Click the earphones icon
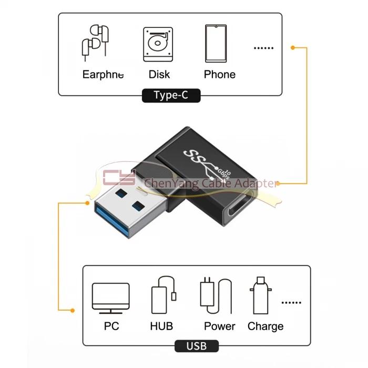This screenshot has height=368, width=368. pos(95,43)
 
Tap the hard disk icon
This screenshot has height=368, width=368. pos(158,44)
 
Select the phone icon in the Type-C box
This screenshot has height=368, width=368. pos(216,44)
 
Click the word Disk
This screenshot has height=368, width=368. pos(159,75)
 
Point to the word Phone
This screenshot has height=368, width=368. pos(220,75)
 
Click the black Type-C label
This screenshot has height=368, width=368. pos(171,95)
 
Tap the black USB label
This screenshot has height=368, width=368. pos(197,346)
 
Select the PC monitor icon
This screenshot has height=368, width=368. pos(110,298)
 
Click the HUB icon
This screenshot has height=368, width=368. pos(164,295)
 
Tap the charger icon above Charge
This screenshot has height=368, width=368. pos(261,295)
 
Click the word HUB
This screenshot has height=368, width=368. pos(161,326)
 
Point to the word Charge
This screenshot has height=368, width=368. pos(265,326)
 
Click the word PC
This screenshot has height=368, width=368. pos(111,326)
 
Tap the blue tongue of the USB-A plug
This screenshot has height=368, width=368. pos(111,220)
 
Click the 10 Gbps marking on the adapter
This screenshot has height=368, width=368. pos(224,173)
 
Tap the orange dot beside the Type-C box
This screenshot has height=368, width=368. pos(293,48)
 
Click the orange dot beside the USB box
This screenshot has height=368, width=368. pos(73,311)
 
